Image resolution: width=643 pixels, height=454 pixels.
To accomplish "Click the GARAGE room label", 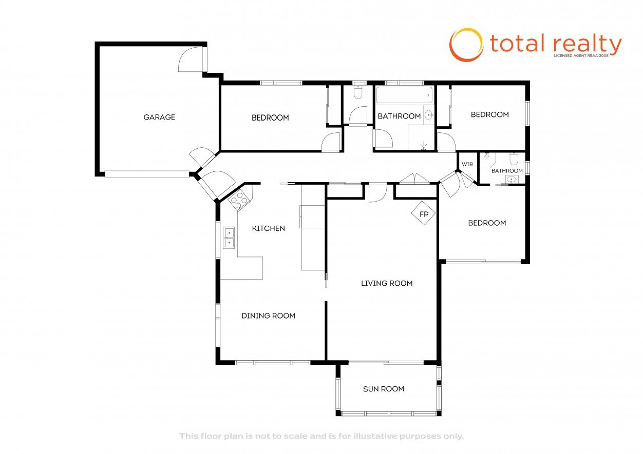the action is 159,117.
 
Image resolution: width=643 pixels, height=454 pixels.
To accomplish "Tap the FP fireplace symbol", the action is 423,213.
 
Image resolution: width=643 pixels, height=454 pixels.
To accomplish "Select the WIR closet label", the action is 467,164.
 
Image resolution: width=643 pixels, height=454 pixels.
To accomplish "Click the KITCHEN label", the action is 269,228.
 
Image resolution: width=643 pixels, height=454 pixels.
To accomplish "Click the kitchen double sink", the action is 229,238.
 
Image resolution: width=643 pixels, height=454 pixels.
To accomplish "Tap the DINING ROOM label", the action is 269,315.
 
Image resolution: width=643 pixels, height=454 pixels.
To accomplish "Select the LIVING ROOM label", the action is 387,283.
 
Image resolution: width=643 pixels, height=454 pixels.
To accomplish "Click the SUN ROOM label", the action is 384,389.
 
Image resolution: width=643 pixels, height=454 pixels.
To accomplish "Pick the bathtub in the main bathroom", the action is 404,95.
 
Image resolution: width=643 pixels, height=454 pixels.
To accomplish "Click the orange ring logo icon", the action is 466,45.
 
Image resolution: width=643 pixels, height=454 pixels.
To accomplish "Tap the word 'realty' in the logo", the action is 588,45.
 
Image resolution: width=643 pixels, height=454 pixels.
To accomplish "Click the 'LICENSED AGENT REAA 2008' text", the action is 581,55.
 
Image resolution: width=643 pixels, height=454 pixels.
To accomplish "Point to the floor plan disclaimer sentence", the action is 321,436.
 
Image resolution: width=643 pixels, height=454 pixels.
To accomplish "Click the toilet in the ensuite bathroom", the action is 514,159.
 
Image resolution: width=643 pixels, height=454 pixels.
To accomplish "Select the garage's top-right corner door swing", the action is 190,59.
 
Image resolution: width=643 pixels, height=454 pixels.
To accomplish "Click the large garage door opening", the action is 147,174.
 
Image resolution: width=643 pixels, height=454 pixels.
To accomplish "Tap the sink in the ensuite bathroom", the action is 511,180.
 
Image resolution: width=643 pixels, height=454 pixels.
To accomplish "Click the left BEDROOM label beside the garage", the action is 270,117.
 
